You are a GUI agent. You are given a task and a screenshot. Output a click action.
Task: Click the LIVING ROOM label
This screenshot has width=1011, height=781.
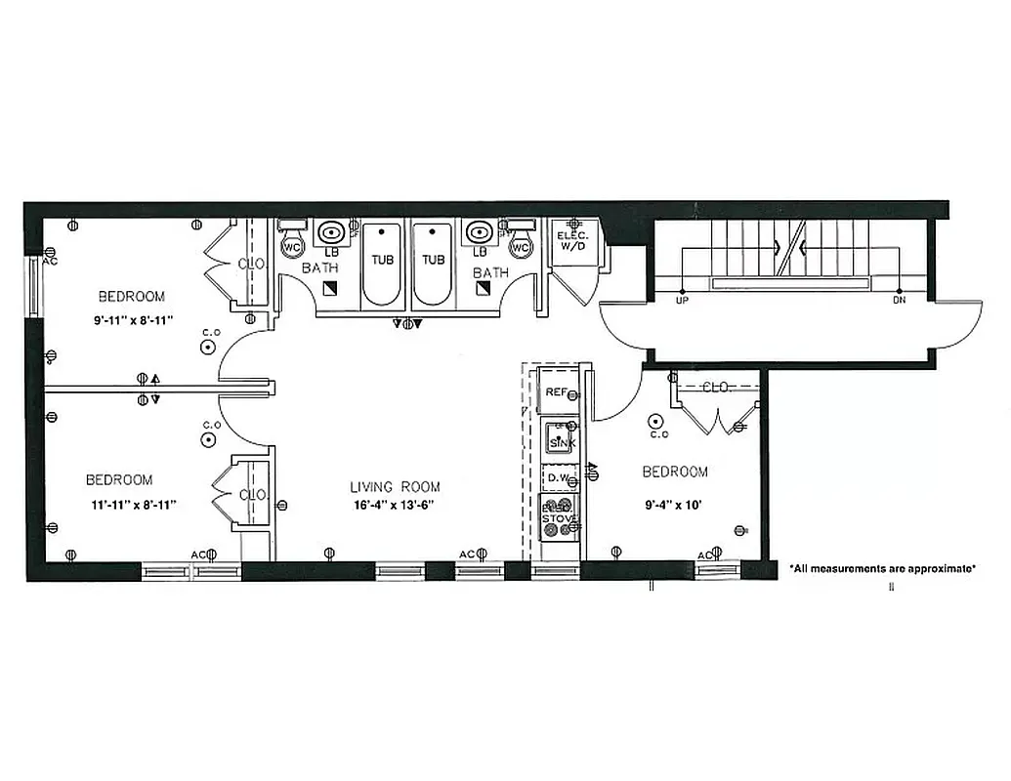395,486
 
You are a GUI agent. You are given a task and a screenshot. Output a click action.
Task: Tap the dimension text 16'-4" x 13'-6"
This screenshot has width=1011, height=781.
395,505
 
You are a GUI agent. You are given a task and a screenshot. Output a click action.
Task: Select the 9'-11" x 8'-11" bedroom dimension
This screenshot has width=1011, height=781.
130,318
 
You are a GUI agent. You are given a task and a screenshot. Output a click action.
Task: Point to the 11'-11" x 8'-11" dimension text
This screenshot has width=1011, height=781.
130,504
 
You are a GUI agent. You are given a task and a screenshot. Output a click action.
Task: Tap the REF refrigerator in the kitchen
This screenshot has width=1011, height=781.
557,391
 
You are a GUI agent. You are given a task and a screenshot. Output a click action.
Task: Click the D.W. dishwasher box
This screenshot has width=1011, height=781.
559,477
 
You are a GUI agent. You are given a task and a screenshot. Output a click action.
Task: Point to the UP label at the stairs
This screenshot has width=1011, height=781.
682,300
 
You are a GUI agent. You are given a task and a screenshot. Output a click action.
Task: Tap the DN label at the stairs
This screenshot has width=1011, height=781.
899,300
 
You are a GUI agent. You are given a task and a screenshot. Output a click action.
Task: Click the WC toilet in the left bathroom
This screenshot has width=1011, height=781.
292,247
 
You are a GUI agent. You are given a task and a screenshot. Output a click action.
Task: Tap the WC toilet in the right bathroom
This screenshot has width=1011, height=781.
521,247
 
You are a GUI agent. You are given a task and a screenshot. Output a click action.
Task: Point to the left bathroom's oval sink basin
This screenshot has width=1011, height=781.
332,232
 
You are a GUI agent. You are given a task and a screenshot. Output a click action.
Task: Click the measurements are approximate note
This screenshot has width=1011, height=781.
881,567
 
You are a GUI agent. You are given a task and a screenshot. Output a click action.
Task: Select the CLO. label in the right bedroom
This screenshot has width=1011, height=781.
717,388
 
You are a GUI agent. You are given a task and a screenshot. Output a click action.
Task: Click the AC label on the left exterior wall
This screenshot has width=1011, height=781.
51,261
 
